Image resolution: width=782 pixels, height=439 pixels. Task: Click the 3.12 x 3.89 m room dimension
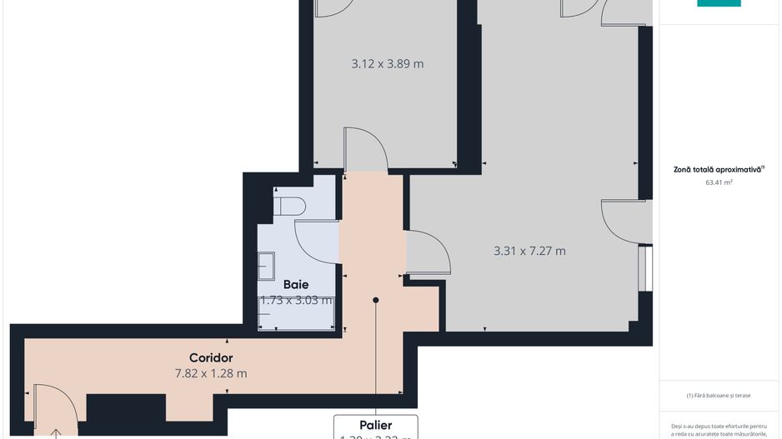tap(388, 63)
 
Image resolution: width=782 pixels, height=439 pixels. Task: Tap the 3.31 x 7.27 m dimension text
tap(529, 251)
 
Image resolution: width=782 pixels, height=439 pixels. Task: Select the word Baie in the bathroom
tap(295, 285)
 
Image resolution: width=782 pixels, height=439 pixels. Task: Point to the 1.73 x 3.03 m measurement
tap(297, 301)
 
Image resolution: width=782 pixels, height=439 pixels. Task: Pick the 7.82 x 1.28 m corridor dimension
tap(210, 373)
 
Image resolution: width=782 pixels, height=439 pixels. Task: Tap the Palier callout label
tap(375, 425)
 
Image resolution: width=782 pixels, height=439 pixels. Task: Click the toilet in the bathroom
tap(288, 205)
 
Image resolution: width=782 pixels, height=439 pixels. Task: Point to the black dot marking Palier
tap(376, 300)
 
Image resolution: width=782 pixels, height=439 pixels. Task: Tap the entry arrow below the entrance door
tap(56, 432)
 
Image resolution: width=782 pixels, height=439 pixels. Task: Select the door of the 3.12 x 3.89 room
tap(365, 150)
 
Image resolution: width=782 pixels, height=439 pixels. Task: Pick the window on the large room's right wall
tap(645, 267)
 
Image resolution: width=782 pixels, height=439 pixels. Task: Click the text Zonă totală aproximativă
tap(718, 169)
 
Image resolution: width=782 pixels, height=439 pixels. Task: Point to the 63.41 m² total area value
tap(718, 182)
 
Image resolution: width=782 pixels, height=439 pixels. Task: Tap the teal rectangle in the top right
tap(718, 3)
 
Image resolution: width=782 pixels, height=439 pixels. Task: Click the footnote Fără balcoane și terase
tap(719, 396)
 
